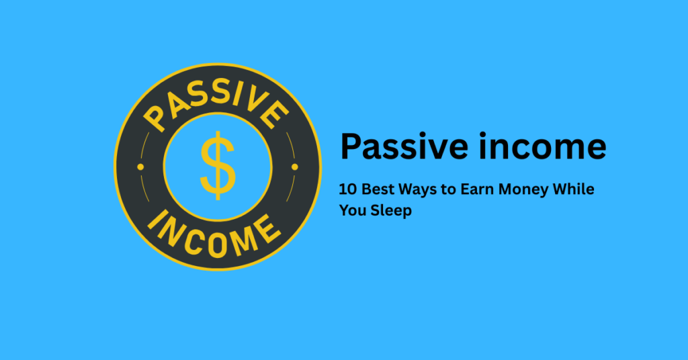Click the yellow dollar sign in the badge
click(x=218, y=165)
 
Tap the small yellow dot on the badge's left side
click(x=140, y=165)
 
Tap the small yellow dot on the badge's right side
click(x=294, y=165)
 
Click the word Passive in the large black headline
click(x=392, y=147)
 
